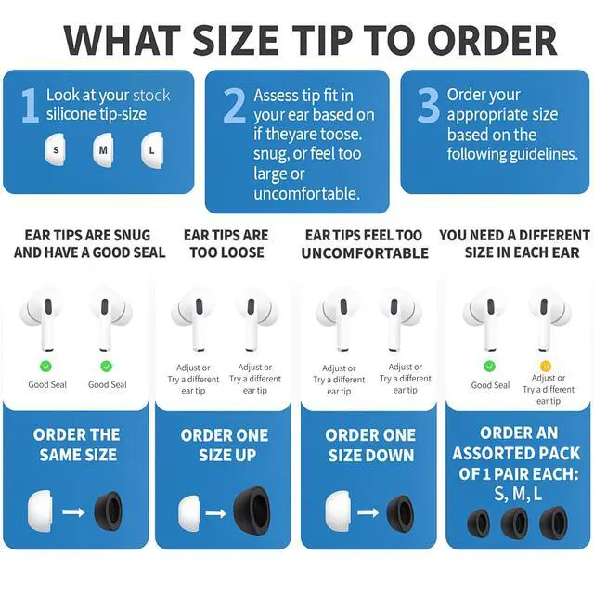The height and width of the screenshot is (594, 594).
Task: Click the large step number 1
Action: tap(31, 105)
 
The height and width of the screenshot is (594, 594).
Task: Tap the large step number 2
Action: tap(234, 105)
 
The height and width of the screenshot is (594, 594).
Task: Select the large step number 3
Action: tap(429, 105)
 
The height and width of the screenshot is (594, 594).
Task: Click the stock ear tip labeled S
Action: tap(56, 149)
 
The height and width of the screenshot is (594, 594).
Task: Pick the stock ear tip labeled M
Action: tap(103, 150)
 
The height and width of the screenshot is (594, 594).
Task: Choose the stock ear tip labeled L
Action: tap(152, 150)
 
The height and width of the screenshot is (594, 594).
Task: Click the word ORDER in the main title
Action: tap(492, 41)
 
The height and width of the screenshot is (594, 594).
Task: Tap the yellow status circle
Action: tap(545, 366)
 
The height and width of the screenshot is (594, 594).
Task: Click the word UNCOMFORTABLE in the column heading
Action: tap(365, 253)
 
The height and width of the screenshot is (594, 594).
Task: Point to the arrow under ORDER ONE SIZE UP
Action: tap(216, 513)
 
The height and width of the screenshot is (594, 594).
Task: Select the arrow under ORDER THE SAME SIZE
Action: tap(73, 512)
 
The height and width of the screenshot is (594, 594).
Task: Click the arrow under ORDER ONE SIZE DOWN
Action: tap(368, 512)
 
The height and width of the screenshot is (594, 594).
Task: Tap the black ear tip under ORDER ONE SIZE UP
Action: tap(252, 510)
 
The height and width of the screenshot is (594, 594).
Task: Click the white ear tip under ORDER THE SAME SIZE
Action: tap(40, 511)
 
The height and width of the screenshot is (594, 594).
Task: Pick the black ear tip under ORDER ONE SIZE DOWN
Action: tap(400, 513)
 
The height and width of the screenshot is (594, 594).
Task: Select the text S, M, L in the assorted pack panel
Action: tap(518, 494)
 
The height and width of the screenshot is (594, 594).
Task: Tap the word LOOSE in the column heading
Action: tap(241, 252)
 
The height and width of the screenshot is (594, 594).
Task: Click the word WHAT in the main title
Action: tap(123, 41)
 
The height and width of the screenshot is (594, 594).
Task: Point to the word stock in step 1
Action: tap(151, 96)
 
